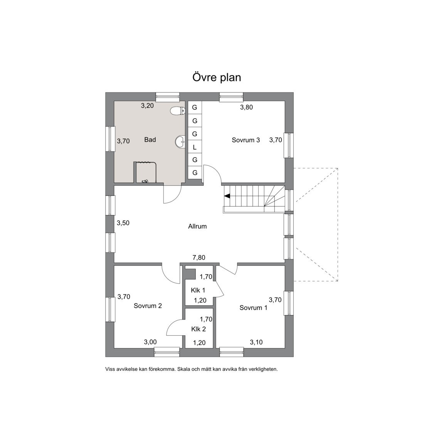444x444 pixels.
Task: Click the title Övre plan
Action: pos(217,77)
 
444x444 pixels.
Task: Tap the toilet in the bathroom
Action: pos(178,111)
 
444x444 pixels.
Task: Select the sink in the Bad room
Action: pos(180,141)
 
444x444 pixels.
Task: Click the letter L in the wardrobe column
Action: pos(195,147)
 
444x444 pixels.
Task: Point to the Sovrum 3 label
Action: pos(246,140)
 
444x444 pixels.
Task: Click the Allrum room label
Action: pos(197,226)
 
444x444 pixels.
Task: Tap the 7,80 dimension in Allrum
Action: pos(199,257)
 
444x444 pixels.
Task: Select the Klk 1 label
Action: pos(198,290)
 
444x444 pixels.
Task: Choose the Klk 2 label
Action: pos(198,329)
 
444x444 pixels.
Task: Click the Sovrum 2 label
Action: pos(148,306)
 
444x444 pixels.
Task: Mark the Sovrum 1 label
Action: pos(253,308)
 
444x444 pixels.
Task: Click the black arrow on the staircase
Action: pos(227,196)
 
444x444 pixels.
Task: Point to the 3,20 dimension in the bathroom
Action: pos(147,106)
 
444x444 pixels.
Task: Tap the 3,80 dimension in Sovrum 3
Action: pos(246,108)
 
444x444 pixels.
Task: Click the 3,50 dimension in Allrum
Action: pos(123,223)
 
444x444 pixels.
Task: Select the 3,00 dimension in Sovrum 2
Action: pos(150,342)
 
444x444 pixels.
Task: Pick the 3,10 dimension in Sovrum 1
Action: pos(256,342)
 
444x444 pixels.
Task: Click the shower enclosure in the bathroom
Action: pos(145,172)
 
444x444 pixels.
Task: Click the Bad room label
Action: pos(150,140)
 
